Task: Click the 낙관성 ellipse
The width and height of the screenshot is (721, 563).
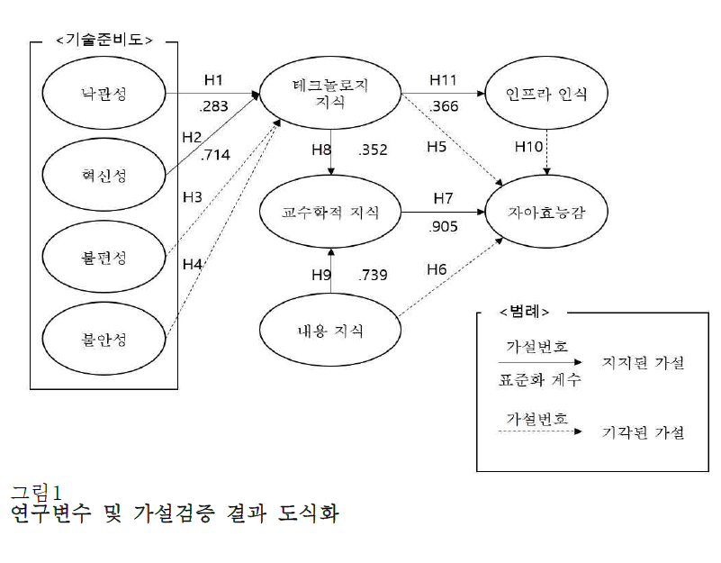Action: click(x=104, y=92)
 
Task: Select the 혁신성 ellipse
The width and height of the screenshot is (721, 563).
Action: click(x=104, y=175)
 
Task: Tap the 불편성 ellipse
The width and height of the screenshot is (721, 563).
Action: click(x=104, y=258)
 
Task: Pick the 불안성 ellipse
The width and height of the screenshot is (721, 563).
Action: click(x=104, y=340)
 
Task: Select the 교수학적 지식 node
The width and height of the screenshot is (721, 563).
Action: click(x=330, y=213)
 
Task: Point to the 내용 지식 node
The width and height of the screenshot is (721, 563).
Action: click(x=330, y=331)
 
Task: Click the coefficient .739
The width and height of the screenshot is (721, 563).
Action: click(x=373, y=275)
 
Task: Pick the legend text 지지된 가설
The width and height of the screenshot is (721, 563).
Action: click(x=643, y=363)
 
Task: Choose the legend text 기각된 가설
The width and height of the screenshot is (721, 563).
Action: click(x=643, y=432)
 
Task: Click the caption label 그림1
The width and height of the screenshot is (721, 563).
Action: click(x=34, y=492)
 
